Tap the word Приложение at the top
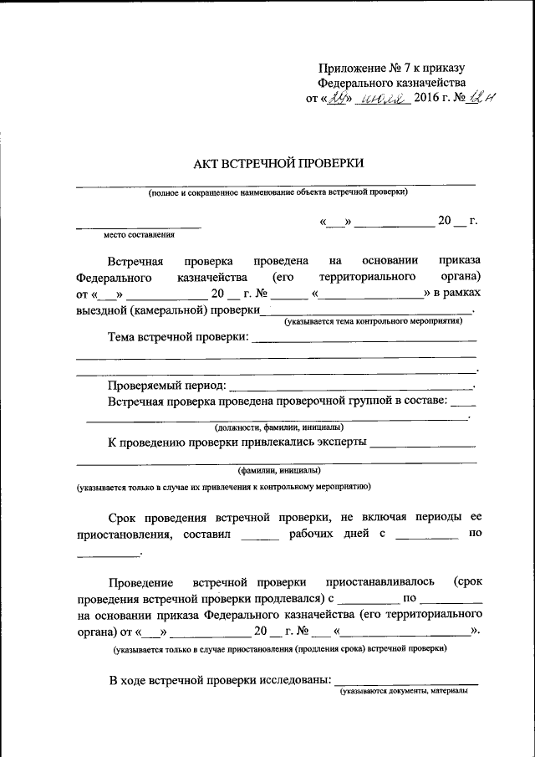(x=352, y=68)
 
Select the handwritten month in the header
(x=380, y=100)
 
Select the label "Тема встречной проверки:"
(x=178, y=337)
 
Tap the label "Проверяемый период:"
(x=166, y=386)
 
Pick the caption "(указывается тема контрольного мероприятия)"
(x=373, y=320)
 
